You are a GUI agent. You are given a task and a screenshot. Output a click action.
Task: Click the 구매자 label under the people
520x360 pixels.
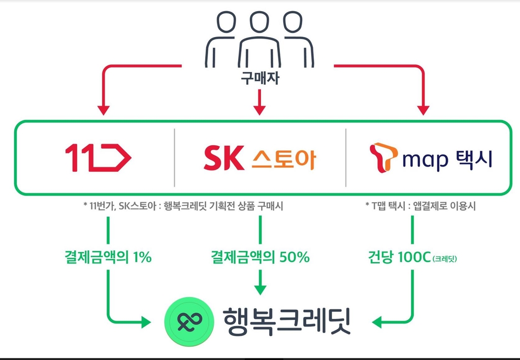coord(259,80)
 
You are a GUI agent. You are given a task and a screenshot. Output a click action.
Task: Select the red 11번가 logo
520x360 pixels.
coord(98,158)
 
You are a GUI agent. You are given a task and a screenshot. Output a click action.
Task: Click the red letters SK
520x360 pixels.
coord(223,158)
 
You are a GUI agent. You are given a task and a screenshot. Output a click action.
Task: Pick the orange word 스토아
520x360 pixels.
coord(283,159)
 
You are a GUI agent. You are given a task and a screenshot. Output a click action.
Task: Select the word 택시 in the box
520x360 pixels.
coord(474,158)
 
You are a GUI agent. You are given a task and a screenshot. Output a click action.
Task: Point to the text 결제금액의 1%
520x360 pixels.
coord(108,257)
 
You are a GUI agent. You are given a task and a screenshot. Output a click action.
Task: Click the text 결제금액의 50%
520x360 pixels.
coord(260,257)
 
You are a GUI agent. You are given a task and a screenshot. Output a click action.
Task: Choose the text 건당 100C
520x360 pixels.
coord(398,257)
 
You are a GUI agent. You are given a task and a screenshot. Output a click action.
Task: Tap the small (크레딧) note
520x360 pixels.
coord(445,259)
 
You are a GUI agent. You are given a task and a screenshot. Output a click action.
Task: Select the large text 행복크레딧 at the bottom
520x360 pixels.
coord(287,320)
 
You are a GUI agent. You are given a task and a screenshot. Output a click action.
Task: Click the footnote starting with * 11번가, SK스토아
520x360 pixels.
coord(183,206)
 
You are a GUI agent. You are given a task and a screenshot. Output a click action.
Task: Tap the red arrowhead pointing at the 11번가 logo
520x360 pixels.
coord(104,109)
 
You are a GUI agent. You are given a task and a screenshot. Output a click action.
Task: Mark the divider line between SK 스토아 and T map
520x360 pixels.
coord(346,158)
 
